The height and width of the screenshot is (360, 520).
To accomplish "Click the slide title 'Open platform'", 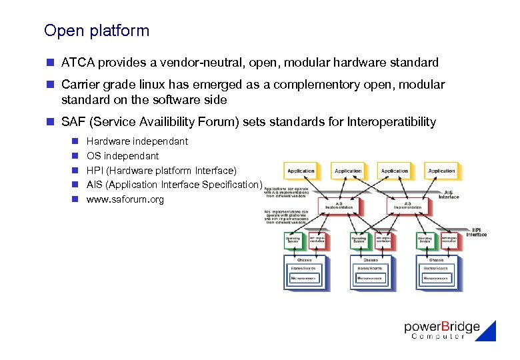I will tap(97, 31).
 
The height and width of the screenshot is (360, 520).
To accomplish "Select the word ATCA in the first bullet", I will tap(77, 63).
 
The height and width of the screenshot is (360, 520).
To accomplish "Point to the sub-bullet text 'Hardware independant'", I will tap(137, 141).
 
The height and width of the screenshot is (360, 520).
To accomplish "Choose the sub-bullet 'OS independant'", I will tap(123, 156).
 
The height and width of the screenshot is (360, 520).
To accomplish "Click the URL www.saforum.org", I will tap(125, 199).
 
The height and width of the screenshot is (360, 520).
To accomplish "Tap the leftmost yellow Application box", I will tap(301, 171).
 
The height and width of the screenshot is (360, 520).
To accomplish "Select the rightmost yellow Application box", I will tap(441, 171).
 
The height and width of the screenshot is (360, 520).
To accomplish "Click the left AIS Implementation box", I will tap(339, 206).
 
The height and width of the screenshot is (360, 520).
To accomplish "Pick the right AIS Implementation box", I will tap(407, 206).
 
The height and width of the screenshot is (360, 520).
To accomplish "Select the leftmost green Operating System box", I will tap(293, 240).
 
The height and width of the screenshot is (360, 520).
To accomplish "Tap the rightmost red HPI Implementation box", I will tap(450, 240).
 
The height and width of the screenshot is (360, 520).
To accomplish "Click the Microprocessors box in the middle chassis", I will tap(369, 279).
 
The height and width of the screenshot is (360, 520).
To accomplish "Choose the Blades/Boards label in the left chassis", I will tap(304, 268).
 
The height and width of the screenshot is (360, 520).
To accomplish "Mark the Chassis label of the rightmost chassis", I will tap(436, 259).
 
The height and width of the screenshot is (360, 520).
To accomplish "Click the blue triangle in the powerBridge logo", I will tap(488, 332).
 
